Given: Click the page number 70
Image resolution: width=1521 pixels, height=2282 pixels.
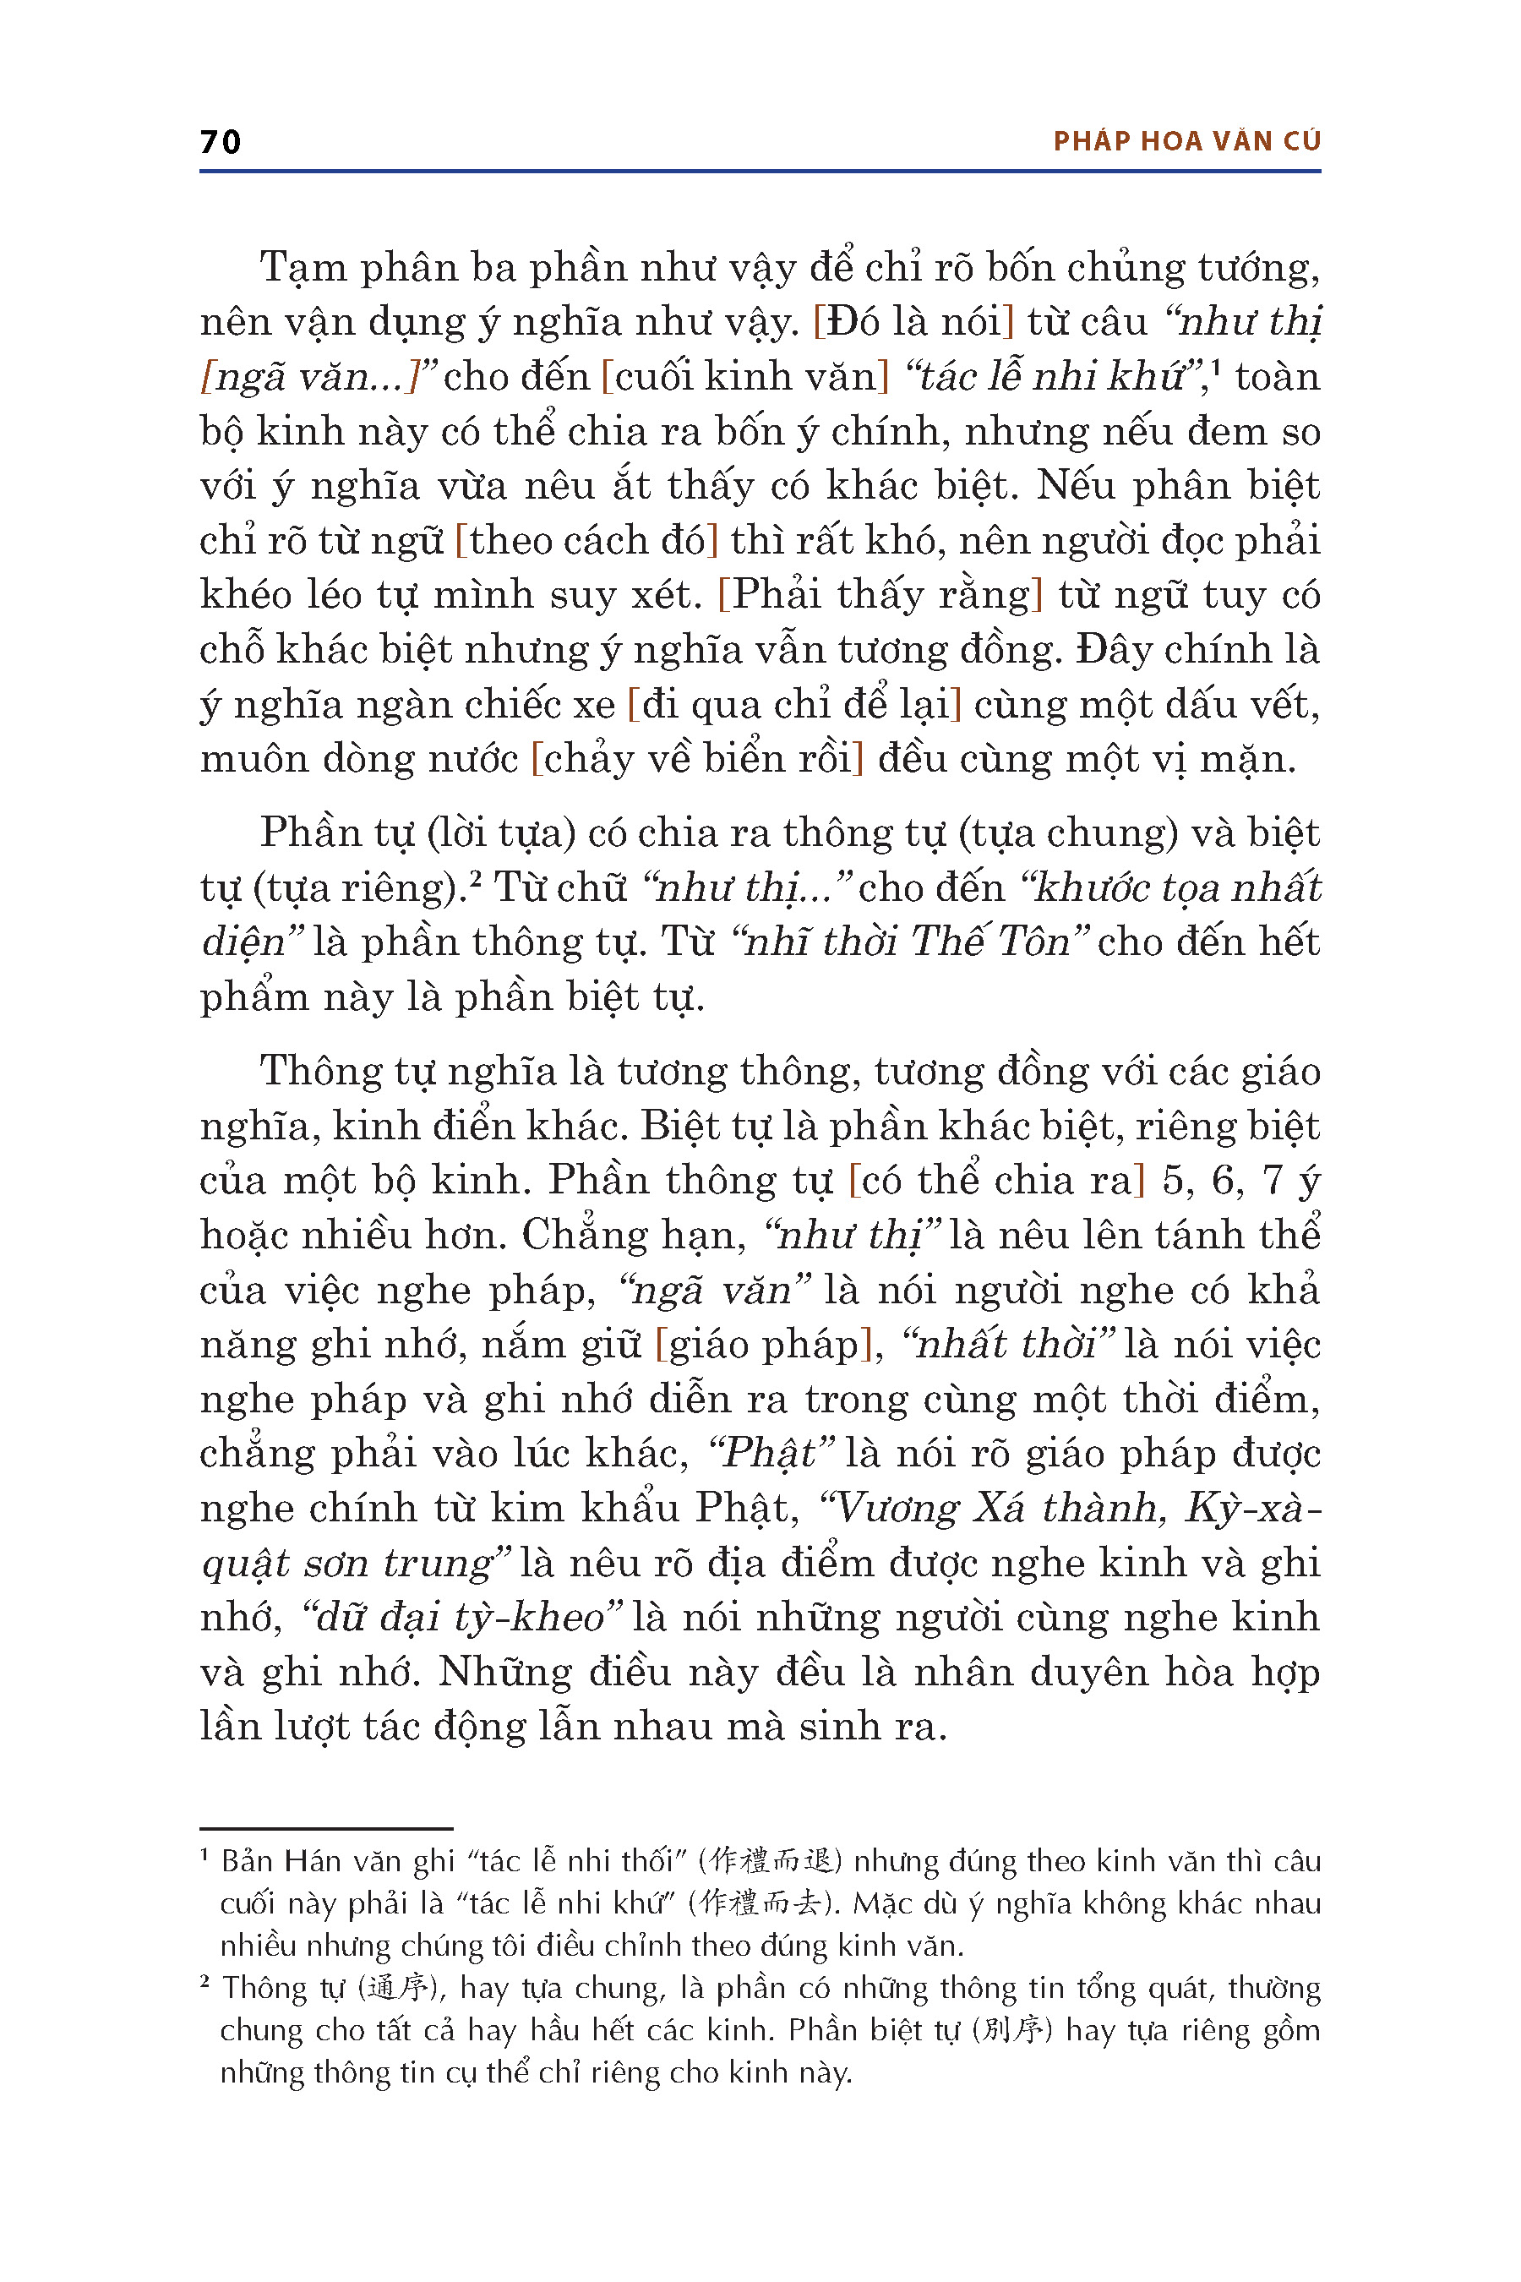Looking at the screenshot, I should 221,142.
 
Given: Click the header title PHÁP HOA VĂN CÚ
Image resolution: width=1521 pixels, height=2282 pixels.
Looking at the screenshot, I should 1186,142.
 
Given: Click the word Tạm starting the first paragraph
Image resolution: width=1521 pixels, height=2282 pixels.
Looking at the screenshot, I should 303,268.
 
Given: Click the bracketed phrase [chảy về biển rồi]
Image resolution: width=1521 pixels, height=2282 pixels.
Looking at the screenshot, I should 696,759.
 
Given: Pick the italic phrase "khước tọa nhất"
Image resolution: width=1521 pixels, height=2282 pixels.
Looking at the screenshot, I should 1172,887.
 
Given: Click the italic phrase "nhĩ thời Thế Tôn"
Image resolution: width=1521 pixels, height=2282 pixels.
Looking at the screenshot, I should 911,942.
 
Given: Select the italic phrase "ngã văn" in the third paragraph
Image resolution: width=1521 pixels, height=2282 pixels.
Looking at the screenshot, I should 714,1291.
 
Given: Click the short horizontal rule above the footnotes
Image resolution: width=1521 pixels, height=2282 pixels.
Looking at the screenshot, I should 326,1828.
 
